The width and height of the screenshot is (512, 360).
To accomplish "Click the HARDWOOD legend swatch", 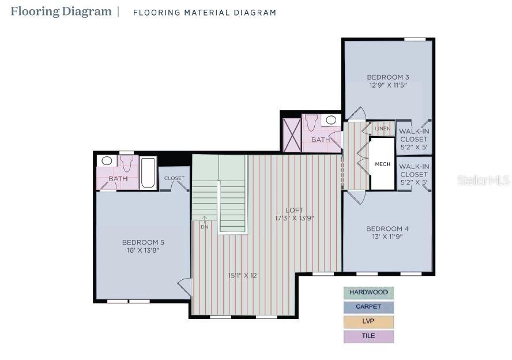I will [368, 292].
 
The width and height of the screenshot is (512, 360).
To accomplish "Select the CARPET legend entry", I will [368, 307].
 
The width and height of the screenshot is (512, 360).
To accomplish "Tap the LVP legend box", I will [368, 322].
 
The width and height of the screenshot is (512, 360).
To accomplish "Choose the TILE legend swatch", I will [368, 336].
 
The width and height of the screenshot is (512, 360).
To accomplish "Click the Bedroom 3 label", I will [388, 77].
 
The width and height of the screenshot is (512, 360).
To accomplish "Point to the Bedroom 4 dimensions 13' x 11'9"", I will [387, 237].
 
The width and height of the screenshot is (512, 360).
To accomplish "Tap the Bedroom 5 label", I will [143, 242].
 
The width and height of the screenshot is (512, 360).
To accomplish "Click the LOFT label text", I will [294, 210].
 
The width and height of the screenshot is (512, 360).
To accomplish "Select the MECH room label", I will [382, 164].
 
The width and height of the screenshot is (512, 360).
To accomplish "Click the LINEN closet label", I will [382, 128].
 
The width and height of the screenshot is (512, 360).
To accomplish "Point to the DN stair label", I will [204, 227].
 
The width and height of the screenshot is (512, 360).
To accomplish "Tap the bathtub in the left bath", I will [148, 172].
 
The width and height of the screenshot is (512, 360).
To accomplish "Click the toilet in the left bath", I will [127, 165].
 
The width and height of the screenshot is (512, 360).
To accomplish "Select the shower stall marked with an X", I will [291, 135].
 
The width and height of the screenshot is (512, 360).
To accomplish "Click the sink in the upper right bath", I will [330, 121].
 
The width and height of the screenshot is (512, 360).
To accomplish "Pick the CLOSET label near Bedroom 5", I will [174, 178].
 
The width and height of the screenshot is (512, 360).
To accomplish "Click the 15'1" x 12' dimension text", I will [242, 275].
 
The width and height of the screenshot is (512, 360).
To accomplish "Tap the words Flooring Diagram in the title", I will [61, 12].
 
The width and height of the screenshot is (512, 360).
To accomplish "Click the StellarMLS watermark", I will [483, 181].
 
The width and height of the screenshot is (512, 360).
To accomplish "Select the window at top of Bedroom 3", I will [415, 39].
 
